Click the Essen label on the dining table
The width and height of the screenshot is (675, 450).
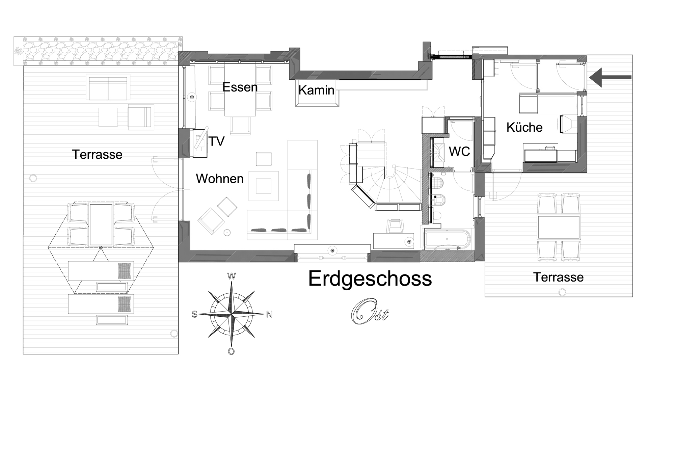point(240,87)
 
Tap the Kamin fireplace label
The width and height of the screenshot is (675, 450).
point(316,90)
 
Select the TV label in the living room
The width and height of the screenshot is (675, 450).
point(216,141)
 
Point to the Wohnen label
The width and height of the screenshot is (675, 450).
point(220,179)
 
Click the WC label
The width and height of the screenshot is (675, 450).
point(459,152)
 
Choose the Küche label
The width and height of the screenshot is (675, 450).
point(524,127)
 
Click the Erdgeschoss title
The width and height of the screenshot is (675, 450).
point(370,279)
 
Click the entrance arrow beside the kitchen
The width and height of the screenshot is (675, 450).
point(610,77)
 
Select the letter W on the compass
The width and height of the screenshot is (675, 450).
point(232,276)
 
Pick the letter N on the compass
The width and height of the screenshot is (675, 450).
point(269,315)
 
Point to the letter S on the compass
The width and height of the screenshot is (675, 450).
point(194,315)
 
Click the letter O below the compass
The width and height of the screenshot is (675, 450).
point(231,351)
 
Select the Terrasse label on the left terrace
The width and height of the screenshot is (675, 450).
point(97,155)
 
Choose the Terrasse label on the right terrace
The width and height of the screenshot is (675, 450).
point(559,277)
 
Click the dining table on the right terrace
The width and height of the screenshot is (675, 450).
point(559,227)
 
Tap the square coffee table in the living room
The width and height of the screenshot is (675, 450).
point(264,186)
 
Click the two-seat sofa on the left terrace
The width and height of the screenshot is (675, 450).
point(108,87)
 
